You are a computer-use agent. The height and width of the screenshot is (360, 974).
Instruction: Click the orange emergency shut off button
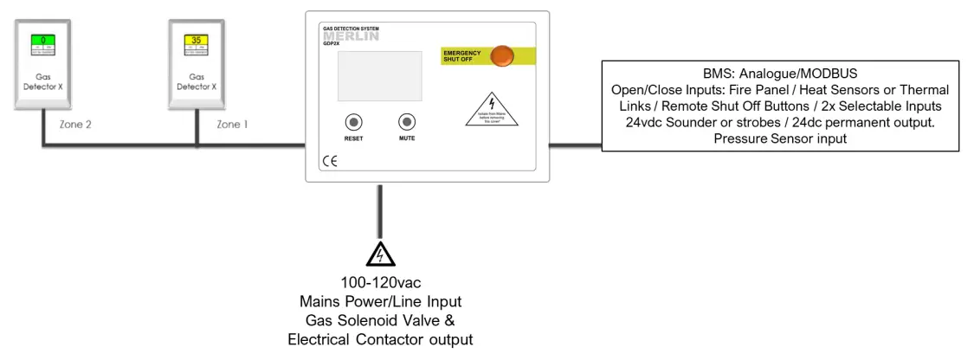click(x=501, y=56)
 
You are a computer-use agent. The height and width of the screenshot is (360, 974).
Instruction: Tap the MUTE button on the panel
click(x=407, y=122)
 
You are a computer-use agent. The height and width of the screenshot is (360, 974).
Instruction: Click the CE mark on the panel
click(x=330, y=161)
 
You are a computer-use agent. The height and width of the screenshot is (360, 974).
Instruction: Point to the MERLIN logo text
click(x=351, y=37)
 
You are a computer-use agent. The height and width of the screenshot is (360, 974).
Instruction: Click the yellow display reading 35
click(x=197, y=40)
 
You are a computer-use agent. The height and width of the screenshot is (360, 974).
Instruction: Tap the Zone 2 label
click(x=75, y=125)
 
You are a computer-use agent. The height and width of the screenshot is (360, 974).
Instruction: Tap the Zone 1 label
click(x=232, y=125)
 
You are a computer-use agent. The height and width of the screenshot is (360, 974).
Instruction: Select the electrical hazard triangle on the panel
click(x=492, y=110)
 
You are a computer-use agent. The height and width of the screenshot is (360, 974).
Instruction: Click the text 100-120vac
click(x=380, y=282)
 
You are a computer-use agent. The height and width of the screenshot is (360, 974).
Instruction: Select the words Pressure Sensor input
click(x=780, y=137)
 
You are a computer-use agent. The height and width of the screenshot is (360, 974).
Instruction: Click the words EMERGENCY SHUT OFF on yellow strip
click(x=462, y=56)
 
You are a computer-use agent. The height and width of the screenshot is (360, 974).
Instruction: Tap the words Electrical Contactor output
click(x=380, y=339)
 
